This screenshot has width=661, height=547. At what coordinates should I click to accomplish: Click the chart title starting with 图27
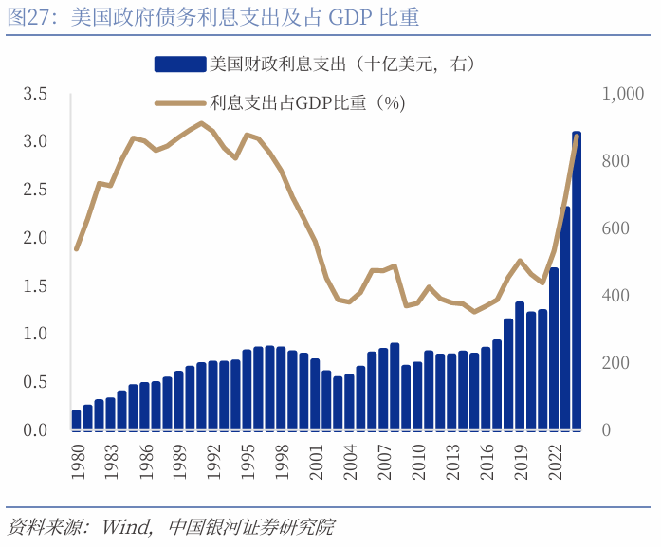212,18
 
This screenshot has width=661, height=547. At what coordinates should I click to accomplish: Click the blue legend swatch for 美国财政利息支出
179,64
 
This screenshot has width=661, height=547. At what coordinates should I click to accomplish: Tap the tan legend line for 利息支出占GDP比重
179,102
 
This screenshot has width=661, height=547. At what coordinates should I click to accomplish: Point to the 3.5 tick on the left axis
35,94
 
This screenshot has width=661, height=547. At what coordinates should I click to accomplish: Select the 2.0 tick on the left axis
35,238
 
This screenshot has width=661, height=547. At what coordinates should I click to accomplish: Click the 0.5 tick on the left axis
35,382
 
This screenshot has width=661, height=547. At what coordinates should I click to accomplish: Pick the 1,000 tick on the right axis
623,94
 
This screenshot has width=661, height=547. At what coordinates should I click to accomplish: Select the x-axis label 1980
76,458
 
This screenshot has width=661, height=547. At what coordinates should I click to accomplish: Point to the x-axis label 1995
247,458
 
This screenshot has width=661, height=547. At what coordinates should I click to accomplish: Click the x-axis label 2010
417,458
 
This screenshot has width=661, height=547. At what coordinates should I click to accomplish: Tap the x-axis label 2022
554,458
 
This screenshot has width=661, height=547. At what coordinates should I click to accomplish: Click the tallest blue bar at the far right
577,284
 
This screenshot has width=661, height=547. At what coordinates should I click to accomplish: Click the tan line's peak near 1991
201,123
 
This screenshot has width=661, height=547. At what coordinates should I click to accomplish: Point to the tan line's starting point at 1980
76,248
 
